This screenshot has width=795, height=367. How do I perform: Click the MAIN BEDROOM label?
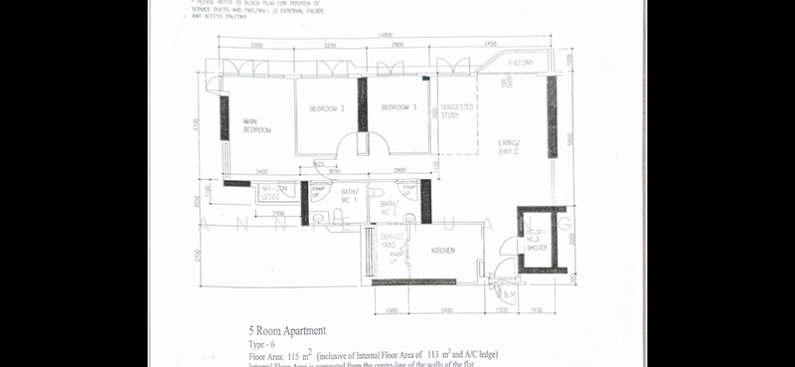click(256, 124)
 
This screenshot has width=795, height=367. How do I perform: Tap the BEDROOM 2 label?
click(327, 107)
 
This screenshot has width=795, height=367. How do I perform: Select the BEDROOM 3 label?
click(398, 107)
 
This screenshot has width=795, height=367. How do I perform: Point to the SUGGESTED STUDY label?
click(457, 110)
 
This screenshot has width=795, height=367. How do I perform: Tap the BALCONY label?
click(522, 64)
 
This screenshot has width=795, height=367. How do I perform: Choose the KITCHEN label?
click(443, 251)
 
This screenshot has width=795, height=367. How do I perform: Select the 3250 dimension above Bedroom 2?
click(330, 46)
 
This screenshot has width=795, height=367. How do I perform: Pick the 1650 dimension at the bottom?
click(538, 311)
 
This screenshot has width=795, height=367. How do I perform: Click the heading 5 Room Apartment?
click(287, 330)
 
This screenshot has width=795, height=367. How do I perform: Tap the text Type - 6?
click(264, 343)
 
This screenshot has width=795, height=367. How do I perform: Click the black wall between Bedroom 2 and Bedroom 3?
click(363, 103)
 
